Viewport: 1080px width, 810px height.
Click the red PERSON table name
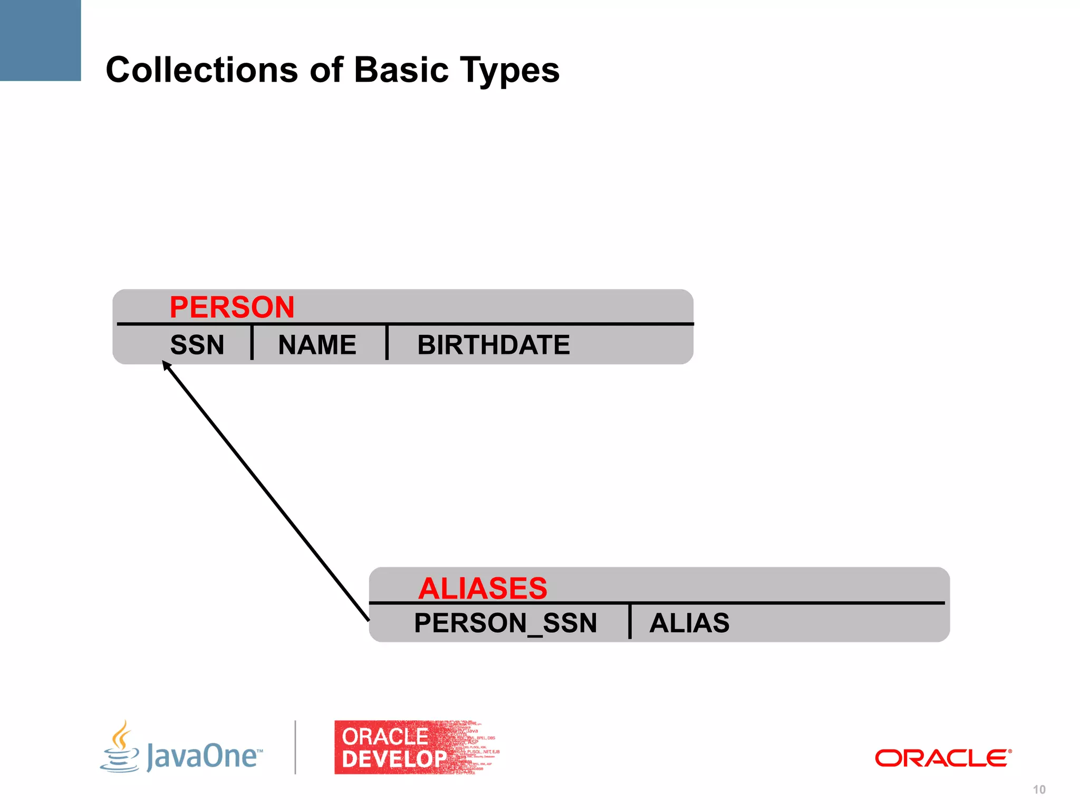[232, 307]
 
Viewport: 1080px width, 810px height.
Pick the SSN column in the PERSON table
[197, 345]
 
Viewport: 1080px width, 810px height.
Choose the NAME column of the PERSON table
[317, 345]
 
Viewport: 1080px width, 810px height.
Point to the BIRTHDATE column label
[493, 345]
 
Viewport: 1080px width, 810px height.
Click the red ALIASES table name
[483, 588]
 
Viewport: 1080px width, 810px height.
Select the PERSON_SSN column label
[505, 623]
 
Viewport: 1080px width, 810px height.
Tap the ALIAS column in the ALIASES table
[689, 623]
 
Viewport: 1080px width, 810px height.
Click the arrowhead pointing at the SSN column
[166, 364]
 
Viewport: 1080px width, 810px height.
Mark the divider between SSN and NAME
[252, 343]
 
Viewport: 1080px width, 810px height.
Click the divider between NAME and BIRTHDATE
[387, 343]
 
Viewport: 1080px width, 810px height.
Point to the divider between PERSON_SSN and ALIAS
[630, 621]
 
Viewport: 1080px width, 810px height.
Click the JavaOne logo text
[204, 756]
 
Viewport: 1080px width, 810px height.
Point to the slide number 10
[1039, 789]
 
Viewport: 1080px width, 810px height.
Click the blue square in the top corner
[40, 40]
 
